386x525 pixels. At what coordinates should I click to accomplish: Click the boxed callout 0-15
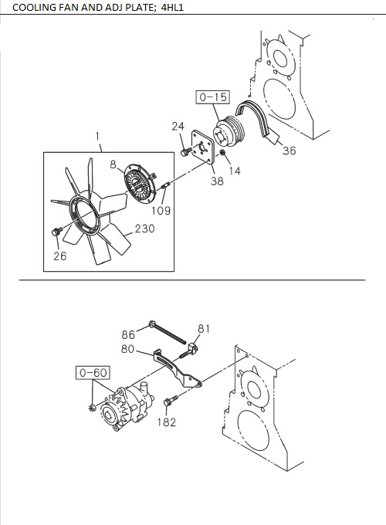(x=213, y=98)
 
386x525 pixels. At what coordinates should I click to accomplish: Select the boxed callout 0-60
(x=92, y=374)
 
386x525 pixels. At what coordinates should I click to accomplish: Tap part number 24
(x=178, y=126)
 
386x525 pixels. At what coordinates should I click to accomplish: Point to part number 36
(x=289, y=151)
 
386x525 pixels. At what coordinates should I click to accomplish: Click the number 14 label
(x=235, y=171)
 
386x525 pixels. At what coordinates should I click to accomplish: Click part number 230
(x=144, y=229)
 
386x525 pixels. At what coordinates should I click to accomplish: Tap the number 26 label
(x=59, y=257)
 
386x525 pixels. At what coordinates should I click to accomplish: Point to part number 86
(x=128, y=334)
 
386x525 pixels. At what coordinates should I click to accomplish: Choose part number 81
(x=203, y=328)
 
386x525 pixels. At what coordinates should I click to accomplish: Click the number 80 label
(x=128, y=349)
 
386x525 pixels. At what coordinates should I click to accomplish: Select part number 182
(x=166, y=422)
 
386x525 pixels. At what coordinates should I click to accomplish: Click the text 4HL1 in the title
(x=171, y=8)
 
